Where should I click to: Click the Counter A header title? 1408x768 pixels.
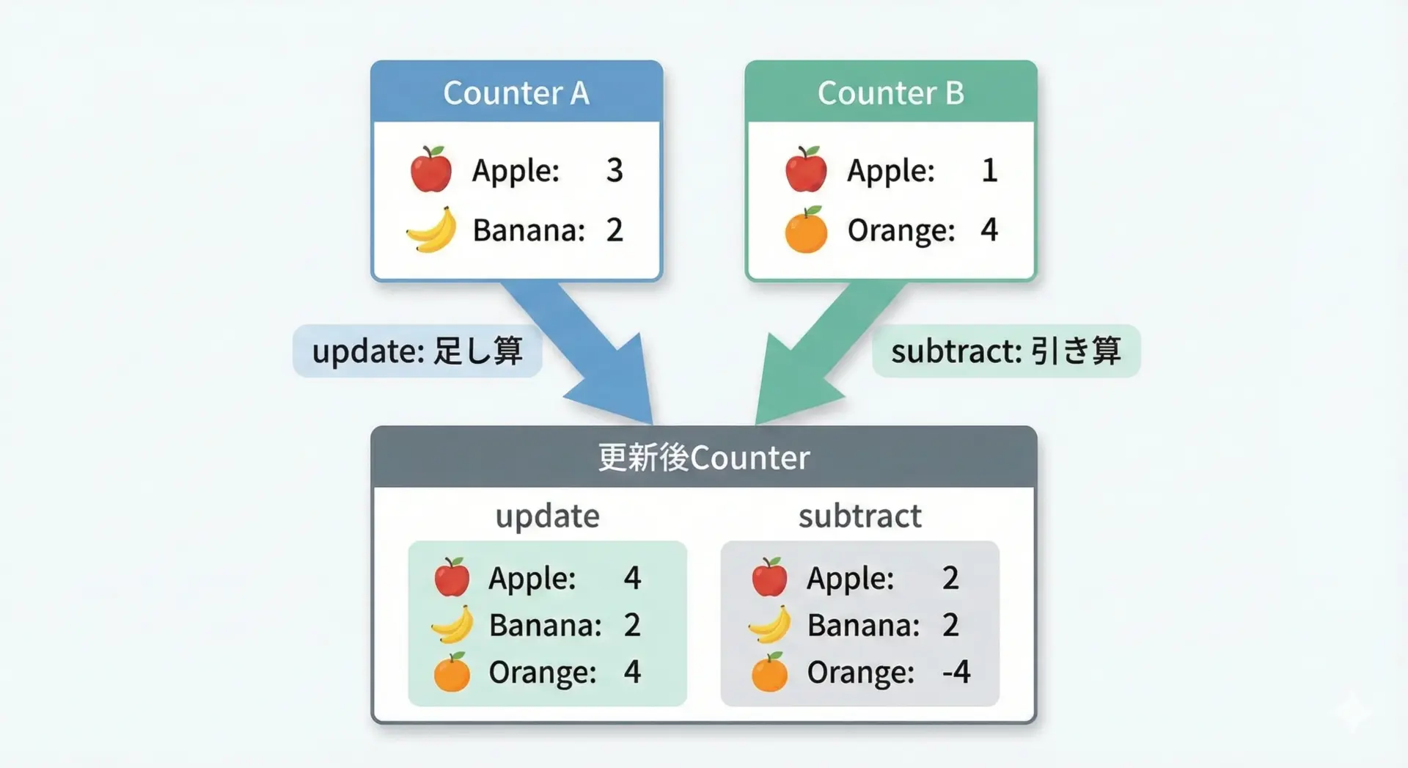(x=516, y=93)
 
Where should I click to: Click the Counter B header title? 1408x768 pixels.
(x=891, y=93)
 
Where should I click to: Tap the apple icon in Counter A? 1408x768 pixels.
(x=431, y=169)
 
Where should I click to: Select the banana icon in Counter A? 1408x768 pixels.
(x=431, y=230)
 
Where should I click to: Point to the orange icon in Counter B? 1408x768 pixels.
(x=806, y=230)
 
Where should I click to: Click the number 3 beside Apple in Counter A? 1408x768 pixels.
(x=615, y=170)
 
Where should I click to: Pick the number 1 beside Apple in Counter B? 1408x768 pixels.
(x=989, y=170)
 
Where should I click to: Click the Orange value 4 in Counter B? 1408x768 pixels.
(x=989, y=230)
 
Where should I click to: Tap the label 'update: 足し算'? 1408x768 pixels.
(x=417, y=351)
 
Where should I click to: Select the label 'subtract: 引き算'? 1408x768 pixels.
(x=1006, y=351)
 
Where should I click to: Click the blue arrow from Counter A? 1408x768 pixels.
(x=587, y=345)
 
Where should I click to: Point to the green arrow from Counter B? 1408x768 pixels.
(x=821, y=345)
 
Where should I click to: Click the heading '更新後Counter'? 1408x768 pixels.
(x=704, y=458)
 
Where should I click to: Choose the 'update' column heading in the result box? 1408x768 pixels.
(x=548, y=516)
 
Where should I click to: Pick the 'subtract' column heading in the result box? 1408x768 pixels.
(x=860, y=516)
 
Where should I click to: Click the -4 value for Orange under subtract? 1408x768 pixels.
(x=956, y=672)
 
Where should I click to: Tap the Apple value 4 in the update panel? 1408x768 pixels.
(x=632, y=578)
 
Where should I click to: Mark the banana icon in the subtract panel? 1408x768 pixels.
(x=770, y=625)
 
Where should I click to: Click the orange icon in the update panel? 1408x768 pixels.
(x=452, y=672)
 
